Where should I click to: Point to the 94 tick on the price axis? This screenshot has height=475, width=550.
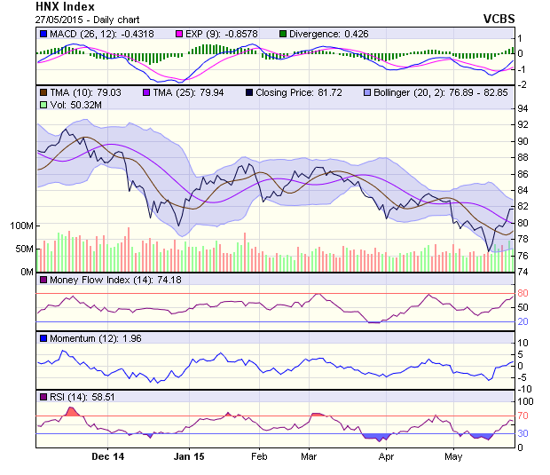coord(523,109)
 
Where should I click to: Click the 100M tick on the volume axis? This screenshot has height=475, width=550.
coord(20,226)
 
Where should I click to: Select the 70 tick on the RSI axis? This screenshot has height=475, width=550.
coord(523,416)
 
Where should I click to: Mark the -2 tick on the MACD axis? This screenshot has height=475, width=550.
coord(522,84)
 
